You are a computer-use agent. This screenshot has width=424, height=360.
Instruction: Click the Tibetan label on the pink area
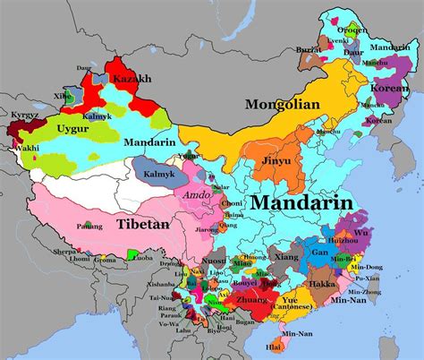(142, 223)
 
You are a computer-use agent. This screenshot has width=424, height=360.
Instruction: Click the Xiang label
(286, 258)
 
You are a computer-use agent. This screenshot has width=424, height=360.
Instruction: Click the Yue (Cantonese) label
(293, 307)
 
